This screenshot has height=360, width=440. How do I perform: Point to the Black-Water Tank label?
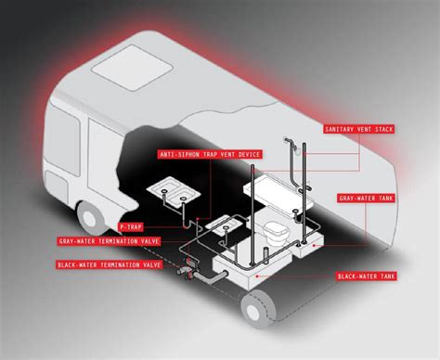point(375,276)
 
